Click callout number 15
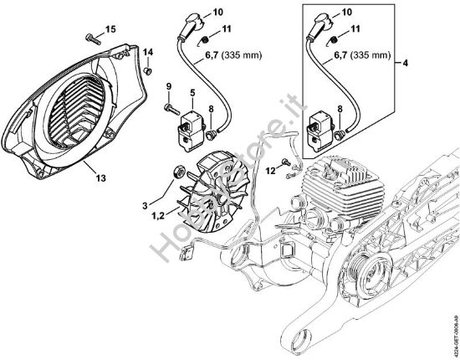click(111, 30)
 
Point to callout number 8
click(212, 108)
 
